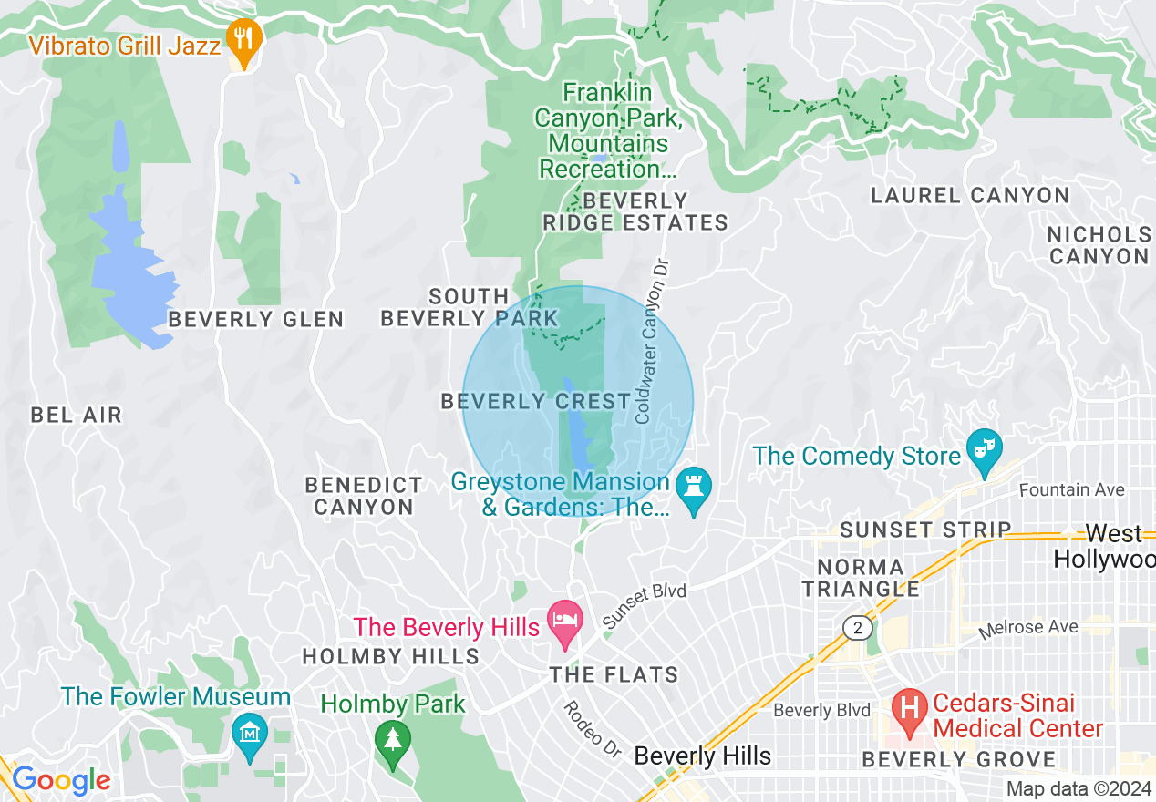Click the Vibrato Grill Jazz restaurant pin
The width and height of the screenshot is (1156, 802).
pos(243,38)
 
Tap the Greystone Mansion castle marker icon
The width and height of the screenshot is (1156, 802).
pos(695,485)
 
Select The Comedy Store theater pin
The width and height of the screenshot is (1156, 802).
pos(984,448)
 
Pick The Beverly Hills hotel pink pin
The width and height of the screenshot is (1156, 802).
pos(564,622)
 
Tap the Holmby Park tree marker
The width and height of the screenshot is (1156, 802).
pos(393,737)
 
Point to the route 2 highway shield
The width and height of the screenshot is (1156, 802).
pos(856,628)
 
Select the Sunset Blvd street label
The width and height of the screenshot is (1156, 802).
pos(645,606)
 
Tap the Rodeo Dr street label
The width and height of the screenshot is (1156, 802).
pos(592,730)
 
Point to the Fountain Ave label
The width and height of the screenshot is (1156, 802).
pos(1071,490)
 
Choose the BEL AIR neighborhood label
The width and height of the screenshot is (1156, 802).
pos(76,416)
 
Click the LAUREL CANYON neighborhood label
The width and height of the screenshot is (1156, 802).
pos(970,195)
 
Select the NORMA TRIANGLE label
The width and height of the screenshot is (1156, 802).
pos(861,578)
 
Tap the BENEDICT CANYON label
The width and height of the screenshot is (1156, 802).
pos(364,496)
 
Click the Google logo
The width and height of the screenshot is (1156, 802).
pos(61,780)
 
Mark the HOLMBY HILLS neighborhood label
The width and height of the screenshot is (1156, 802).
pos(390,656)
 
